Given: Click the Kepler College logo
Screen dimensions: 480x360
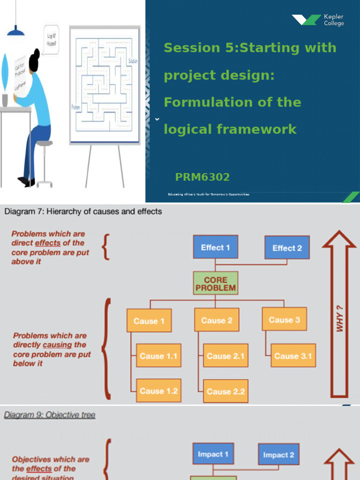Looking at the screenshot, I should click(318, 20).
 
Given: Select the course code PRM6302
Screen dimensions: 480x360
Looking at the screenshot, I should click(202, 177).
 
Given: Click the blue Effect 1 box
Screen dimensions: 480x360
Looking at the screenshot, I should click(215, 247).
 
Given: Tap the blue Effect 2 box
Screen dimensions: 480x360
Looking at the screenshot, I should click(287, 248).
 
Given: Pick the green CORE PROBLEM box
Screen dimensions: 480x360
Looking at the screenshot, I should click(215, 284).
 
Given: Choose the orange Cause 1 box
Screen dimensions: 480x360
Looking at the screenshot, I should click(149, 321).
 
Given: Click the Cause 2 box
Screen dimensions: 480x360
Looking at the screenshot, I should click(217, 321).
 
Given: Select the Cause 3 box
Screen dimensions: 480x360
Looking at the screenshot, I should click(284, 320).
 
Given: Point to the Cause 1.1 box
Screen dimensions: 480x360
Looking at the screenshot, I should click(158, 356).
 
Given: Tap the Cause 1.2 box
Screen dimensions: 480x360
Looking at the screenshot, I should click(158, 391).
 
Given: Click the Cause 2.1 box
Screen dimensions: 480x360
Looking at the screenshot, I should click(225, 356).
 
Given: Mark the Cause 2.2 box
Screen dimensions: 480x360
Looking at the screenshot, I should click(225, 391).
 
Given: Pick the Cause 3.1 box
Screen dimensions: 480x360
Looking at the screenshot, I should click(293, 356).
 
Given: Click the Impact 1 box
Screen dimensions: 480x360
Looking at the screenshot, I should click(213, 454).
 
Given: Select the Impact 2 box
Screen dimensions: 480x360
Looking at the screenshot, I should click(278, 455).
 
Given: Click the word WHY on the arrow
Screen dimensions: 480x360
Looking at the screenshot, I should click(340, 318).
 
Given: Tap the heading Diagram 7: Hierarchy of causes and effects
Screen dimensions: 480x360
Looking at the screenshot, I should click(83, 211).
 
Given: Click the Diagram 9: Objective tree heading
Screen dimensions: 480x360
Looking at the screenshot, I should click(50, 415).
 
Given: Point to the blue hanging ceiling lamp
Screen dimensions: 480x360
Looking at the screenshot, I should click(16, 30).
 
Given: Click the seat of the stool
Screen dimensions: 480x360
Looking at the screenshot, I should click(44, 143).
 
